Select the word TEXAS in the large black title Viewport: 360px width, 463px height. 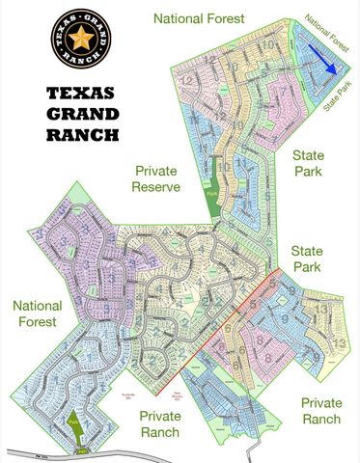click(80, 93)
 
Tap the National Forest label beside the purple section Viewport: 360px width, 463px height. click(38, 314)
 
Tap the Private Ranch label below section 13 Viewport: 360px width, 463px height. click(319, 410)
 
